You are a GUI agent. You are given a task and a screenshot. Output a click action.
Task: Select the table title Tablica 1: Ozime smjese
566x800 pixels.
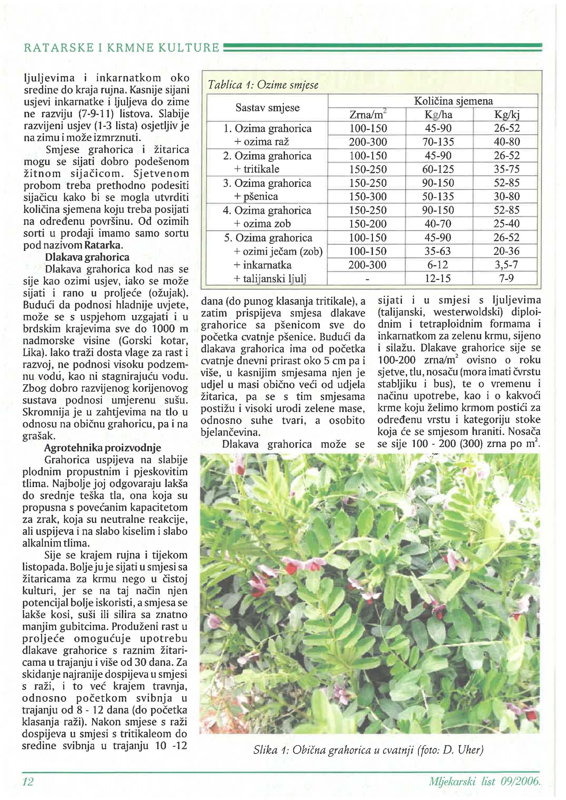click(263, 85)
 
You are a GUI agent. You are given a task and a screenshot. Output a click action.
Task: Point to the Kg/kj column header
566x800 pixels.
click(507, 115)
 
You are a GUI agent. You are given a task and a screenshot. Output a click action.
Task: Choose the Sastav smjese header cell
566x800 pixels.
click(267, 107)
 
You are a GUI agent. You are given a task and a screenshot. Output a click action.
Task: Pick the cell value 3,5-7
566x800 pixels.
click(506, 265)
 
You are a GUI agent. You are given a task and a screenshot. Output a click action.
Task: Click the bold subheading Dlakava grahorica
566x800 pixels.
click(87, 257)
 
